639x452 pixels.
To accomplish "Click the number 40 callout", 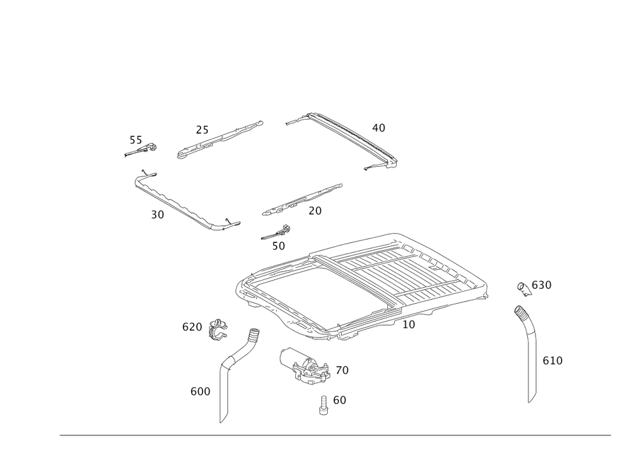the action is pyautogui.click(x=378, y=128).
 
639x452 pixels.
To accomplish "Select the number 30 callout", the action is pyautogui.click(x=158, y=215).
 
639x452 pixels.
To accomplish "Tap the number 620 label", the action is pyautogui.click(x=192, y=327).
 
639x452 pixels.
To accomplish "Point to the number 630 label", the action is pyautogui.click(x=541, y=285).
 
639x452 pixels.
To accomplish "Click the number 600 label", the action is pyautogui.click(x=200, y=391).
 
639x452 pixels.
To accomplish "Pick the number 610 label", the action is pyautogui.click(x=553, y=361).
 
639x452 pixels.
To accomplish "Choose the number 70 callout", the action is pyautogui.click(x=342, y=370).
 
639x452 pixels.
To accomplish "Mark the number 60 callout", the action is pyautogui.click(x=339, y=400).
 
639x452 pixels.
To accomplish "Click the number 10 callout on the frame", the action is pyautogui.click(x=408, y=325).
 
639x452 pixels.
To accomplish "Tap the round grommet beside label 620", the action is pyautogui.click(x=219, y=328).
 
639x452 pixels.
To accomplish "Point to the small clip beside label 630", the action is pyautogui.click(x=522, y=288).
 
